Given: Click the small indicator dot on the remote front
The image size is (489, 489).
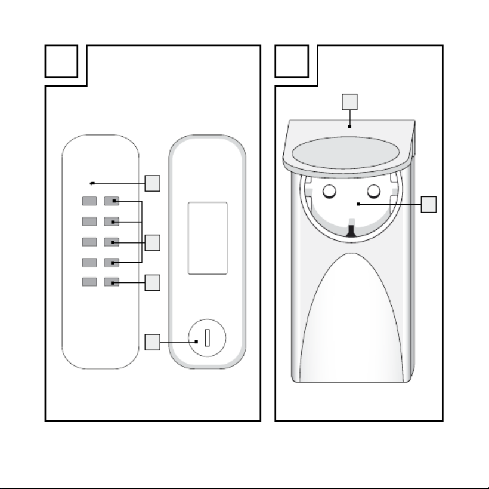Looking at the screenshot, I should pyautogui.click(x=92, y=183).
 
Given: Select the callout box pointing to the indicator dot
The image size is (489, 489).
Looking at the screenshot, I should pyautogui.click(x=153, y=183).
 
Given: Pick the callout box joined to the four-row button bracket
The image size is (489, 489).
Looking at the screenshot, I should pyautogui.click(x=153, y=243).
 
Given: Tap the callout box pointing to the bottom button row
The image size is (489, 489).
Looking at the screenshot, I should pyautogui.click(x=153, y=282).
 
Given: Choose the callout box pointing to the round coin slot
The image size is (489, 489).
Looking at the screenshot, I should pyautogui.click(x=153, y=342).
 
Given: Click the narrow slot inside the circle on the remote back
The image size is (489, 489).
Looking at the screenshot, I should pyautogui.click(x=207, y=338).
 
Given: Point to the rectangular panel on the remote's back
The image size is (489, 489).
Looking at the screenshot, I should pyautogui.click(x=208, y=238).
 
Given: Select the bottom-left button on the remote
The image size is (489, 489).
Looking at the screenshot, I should pyautogui.click(x=89, y=282).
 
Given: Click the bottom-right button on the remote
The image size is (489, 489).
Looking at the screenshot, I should pyautogui.click(x=112, y=282).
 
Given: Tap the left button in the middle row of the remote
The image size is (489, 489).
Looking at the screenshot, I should pyautogui.click(x=89, y=242).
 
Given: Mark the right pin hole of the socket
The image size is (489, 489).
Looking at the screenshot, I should pyautogui.click(x=374, y=191).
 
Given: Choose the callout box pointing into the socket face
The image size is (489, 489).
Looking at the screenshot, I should pyautogui.click(x=428, y=204).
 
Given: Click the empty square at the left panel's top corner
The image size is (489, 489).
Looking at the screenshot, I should pyautogui.click(x=61, y=61).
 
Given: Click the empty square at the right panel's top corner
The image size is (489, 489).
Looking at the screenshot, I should pyautogui.click(x=292, y=61).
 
